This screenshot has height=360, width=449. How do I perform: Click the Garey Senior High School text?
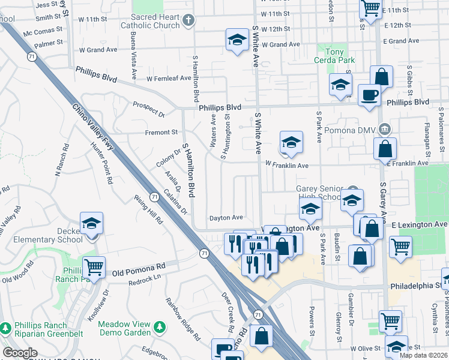(322, 192)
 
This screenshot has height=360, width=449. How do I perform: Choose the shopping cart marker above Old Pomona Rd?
(93, 266)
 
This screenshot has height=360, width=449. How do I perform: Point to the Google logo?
(20, 353)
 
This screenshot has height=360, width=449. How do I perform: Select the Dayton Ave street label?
(226, 217)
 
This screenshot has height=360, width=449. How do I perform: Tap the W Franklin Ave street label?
(286, 166)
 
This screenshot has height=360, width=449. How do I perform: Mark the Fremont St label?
(161, 132)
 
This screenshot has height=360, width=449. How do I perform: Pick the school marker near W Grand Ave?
(237, 40)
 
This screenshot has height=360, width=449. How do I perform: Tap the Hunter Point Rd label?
(101, 163)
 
